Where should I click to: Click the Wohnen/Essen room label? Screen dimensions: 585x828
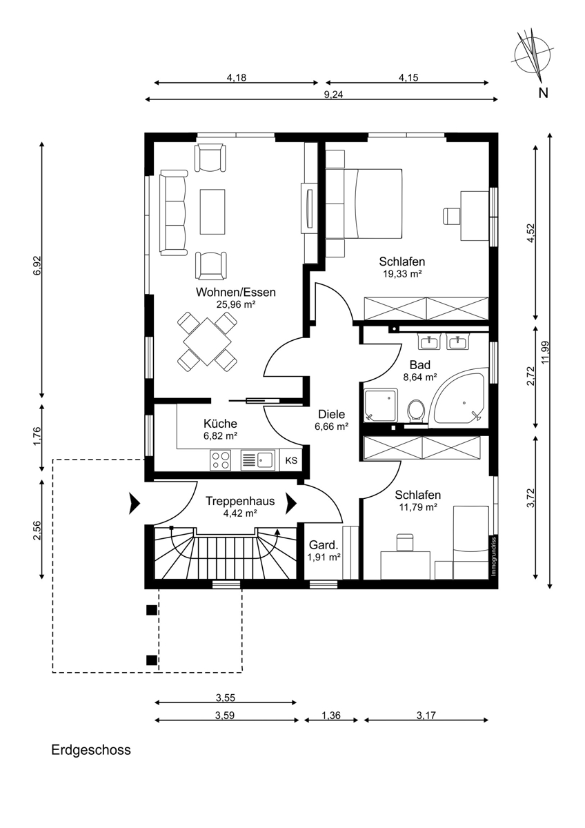point(236,292)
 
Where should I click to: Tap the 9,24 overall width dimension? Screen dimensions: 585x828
point(333,95)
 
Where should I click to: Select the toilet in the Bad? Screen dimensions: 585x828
point(416,411)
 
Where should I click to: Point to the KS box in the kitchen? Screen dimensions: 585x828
point(291,460)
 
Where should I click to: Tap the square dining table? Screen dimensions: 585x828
point(208,342)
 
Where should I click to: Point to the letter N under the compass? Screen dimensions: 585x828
point(543,93)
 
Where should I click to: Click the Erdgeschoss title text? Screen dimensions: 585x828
point(91,749)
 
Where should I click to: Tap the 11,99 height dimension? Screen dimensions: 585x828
point(546,352)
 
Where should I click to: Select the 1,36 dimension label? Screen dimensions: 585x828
point(330,716)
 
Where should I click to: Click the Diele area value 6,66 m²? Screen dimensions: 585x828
point(332,426)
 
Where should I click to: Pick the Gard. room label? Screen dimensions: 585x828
point(324,545)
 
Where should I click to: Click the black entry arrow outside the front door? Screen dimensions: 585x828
point(134,503)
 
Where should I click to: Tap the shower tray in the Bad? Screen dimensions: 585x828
point(381,405)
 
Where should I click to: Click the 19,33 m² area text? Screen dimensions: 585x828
point(402,274)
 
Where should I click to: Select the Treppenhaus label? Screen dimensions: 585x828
point(240,501)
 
